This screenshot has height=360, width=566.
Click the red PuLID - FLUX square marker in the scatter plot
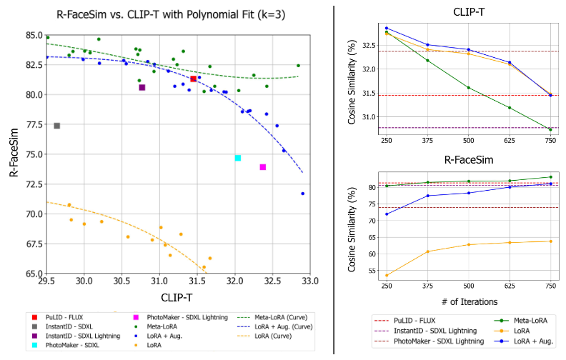194,79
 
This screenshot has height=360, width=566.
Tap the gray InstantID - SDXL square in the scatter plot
56,126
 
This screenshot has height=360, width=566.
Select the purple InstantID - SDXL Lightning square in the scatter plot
142,87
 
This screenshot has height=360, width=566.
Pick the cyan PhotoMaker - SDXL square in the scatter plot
238,158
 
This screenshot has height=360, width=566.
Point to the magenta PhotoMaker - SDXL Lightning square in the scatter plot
263,167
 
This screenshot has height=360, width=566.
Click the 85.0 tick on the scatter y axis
31,35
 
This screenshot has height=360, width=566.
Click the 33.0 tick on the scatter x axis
309,281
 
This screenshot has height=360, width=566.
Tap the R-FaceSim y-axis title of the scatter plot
12,153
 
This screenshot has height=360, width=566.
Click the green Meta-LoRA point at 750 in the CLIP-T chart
550,129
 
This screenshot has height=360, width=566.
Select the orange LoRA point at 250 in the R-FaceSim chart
387,275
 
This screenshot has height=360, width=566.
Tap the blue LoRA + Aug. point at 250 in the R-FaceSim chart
387,214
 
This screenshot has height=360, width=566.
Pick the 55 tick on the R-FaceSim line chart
372,271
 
